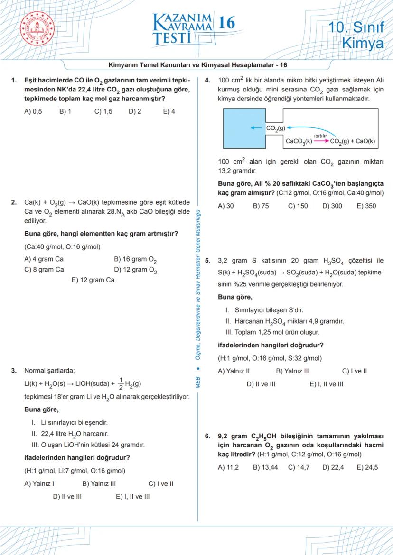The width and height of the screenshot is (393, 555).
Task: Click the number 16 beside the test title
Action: coord(226,22)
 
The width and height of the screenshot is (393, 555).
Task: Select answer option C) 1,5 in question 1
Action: coord(103,112)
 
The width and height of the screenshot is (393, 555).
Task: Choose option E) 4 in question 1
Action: coord(168,112)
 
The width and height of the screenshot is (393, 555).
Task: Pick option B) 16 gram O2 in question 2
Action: coord(135,260)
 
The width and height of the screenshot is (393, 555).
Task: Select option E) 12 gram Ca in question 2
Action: coord(93,280)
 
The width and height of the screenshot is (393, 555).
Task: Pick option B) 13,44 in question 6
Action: coord(264,467)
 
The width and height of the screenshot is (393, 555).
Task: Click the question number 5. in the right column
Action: coord(207,261)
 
